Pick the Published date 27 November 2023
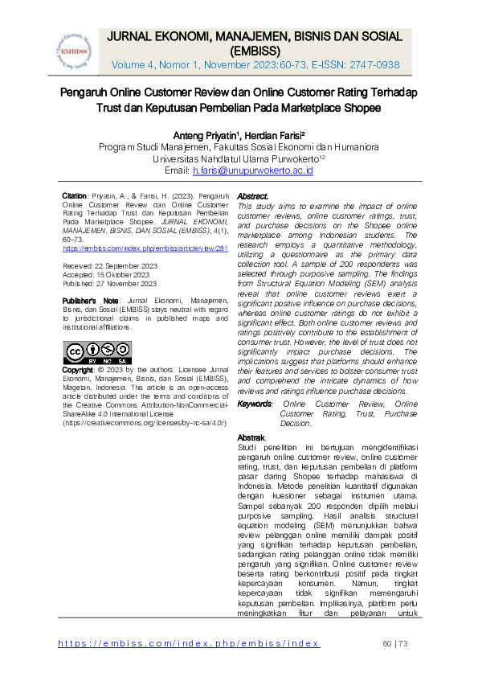[125, 283]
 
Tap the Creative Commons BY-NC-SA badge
[97, 353]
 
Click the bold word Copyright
[79, 370]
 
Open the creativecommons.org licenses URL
[145, 422]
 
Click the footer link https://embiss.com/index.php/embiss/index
[190, 643]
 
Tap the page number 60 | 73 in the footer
[396, 643]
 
